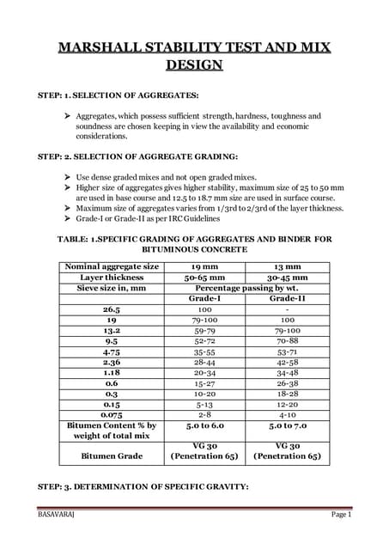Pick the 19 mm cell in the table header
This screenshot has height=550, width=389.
(204, 266)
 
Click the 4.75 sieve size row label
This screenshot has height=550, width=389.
(111, 351)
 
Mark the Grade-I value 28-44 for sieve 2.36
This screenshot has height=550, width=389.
(204, 362)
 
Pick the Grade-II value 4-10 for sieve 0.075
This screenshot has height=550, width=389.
(287, 414)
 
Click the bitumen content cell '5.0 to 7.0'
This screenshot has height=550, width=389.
(287, 425)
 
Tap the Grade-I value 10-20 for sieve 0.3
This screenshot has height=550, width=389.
(204, 393)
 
